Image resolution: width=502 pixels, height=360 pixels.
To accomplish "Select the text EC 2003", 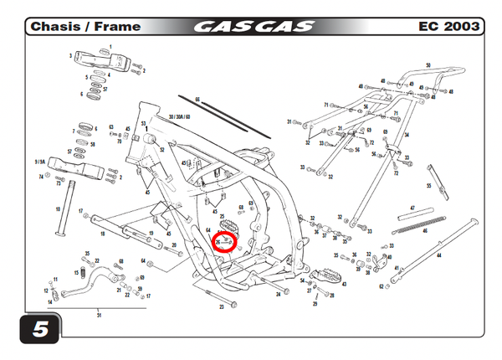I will pyautogui.click(x=448, y=27).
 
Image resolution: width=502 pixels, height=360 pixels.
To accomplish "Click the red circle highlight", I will pyautogui.click(x=223, y=242).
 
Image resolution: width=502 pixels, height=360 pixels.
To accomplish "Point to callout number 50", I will pyautogui.click(x=428, y=65).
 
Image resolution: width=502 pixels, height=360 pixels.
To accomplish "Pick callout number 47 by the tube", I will pyautogui.click(x=412, y=208).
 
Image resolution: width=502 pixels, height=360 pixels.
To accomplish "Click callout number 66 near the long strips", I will pyautogui.click(x=198, y=100).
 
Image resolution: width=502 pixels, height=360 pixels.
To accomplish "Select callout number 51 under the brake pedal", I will pyautogui.click(x=99, y=315).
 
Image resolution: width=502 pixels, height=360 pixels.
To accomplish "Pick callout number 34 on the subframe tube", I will pyautogui.click(x=407, y=135).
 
